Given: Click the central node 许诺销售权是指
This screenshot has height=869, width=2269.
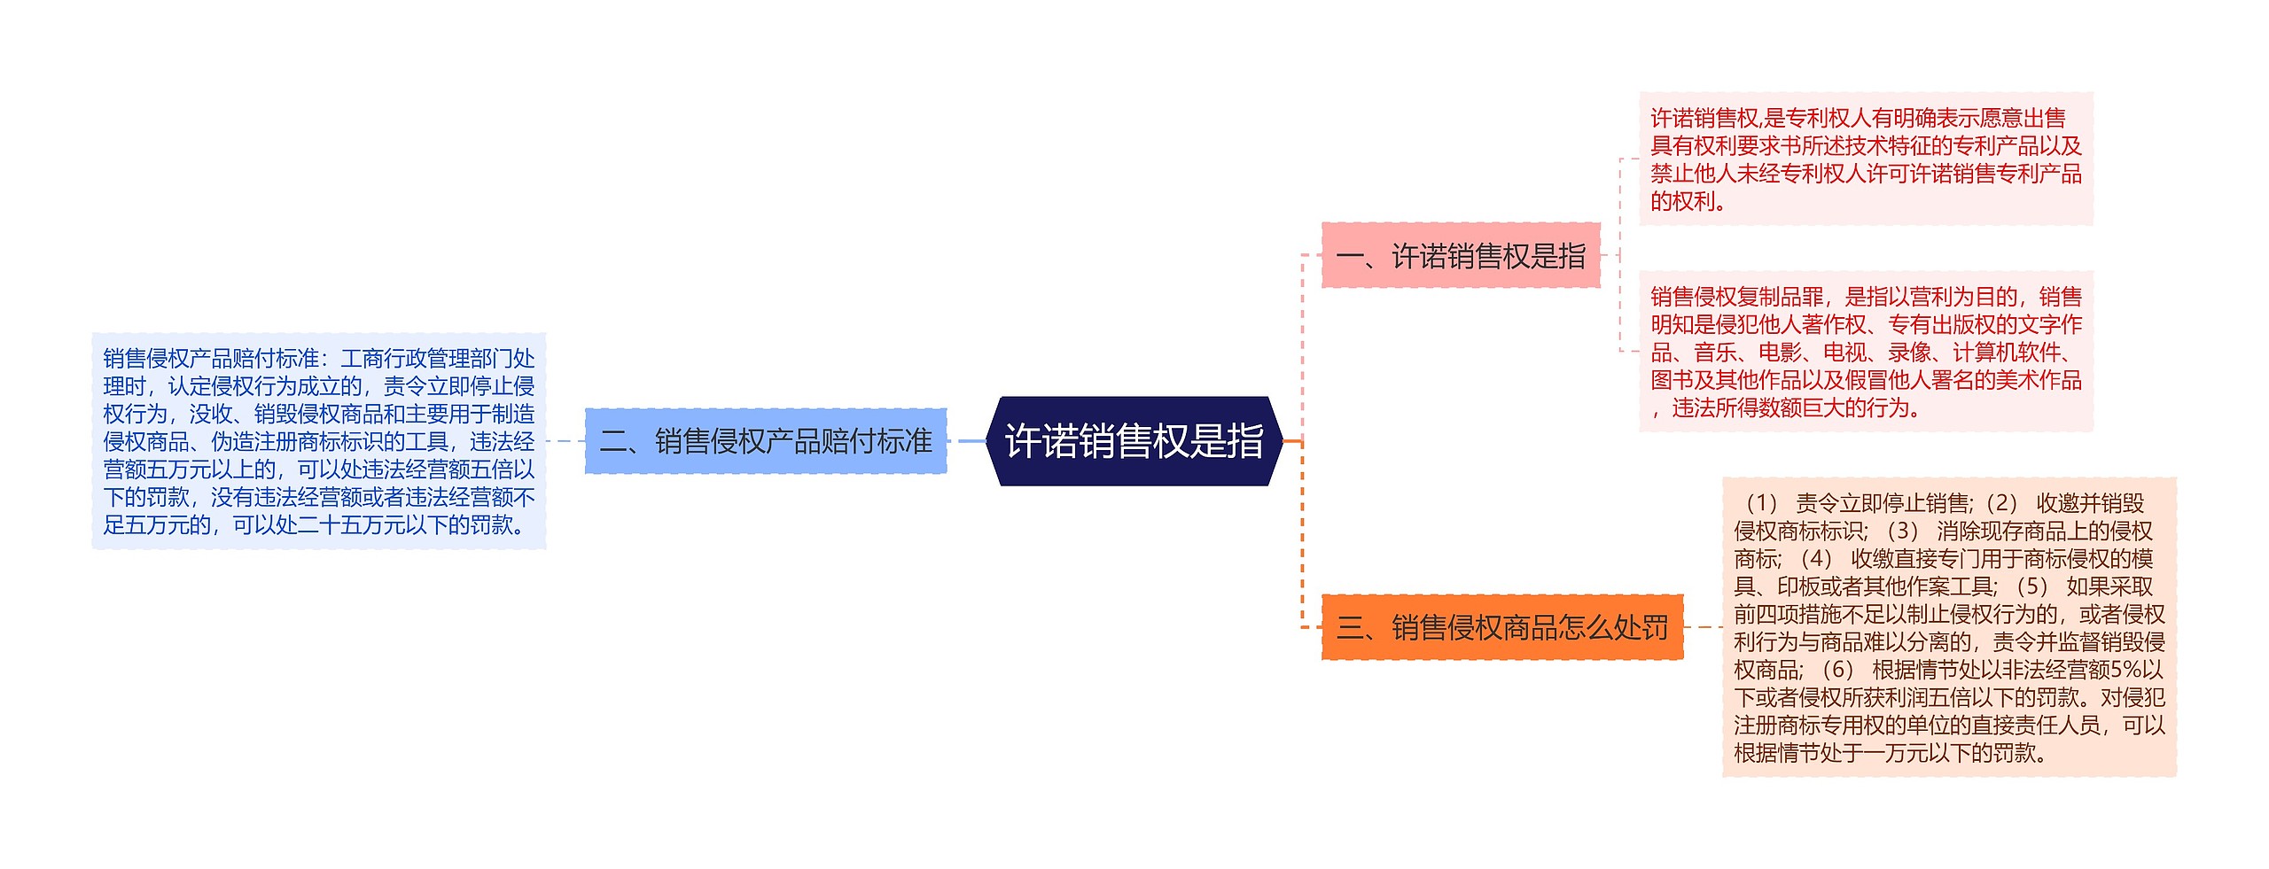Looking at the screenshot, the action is tap(1134, 441).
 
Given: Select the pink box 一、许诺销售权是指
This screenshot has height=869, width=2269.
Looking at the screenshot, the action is tap(1460, 256).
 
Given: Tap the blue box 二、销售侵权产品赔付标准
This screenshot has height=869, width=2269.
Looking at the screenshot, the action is tap(766, 441).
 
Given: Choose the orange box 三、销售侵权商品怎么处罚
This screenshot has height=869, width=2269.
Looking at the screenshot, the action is tap(1501, 627).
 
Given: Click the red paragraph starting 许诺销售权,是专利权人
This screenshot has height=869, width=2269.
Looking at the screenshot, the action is tap(1865, 159).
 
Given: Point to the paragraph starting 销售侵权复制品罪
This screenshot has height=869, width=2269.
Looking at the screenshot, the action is tap(1865, 352).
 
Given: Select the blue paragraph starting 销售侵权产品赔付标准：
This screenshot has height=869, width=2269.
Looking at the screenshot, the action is tap(318, 441).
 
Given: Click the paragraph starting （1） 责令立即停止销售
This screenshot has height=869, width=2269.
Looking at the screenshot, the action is tap(1948, 627).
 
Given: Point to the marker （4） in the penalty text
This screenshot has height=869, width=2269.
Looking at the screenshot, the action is tap(1816, 559).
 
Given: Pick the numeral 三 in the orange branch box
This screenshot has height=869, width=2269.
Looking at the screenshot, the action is tap(1350, 628).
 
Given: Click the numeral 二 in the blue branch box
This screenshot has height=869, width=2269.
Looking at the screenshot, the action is tap(613, 441).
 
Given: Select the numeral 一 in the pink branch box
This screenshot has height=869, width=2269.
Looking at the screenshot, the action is tap(1349, 257).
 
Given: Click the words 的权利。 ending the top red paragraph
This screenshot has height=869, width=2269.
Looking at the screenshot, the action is tap(1688, 202).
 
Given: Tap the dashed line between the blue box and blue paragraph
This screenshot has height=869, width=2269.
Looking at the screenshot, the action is tap(565, 441).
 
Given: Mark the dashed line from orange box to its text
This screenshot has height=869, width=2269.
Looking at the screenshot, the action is tap(1703, 627).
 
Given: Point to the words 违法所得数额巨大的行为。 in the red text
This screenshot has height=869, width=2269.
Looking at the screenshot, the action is tap(1797, 408).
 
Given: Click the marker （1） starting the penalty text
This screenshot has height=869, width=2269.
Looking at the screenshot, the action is tap(1760, 503).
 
